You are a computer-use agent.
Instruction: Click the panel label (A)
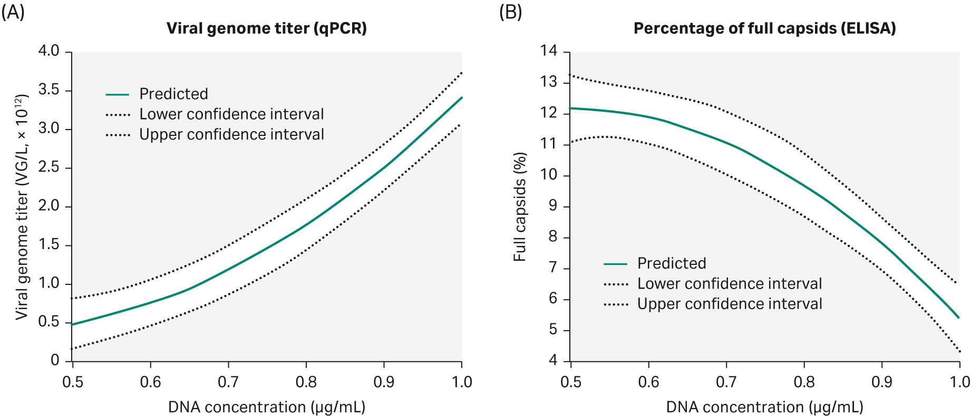pos(13,12)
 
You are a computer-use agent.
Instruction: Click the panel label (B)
pos(510,12)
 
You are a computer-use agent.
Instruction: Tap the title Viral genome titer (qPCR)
pos(266,28)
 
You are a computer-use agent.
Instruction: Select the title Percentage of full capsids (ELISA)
pos(764,28)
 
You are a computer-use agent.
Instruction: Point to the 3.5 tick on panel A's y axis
pos(48,90)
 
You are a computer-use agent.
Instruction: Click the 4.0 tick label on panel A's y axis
pos(48,51)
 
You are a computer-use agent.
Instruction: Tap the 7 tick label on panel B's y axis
pos(552,268)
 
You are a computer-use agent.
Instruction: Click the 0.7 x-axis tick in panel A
pos(228,382)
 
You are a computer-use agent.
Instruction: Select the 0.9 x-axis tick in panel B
pos(882,382)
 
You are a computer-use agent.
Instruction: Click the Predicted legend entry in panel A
pos(173,94)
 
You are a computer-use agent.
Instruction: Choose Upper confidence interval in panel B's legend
pos(730,304)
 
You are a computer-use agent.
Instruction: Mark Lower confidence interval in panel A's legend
pos(231,114)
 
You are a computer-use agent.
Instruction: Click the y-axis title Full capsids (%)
pos(520,206)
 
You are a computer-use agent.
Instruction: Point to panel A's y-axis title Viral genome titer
pos(22,206)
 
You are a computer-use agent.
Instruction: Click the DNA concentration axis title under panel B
pos(764,407)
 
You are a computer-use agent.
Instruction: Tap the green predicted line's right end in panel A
pos(461,98)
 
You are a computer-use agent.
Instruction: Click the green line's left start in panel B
pos(571,108)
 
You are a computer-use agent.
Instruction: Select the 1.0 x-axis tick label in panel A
pos(462,382)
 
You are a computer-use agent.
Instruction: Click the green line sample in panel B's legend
pos(615,263)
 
